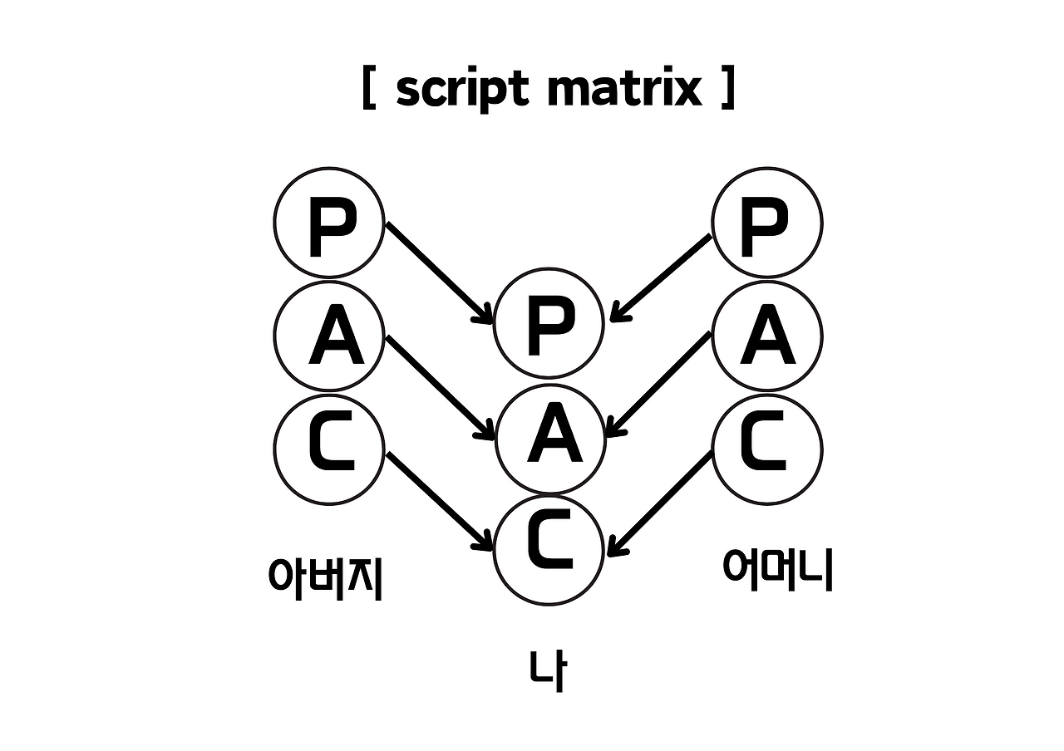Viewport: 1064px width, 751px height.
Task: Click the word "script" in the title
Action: tap(462, 90)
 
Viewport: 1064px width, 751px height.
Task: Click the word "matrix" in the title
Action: tap(626, 90)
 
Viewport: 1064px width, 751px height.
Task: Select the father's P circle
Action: tap(329, 222)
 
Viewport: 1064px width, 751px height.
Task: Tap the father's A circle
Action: tap(329, 336)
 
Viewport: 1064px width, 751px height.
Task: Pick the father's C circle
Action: tap(329, 449)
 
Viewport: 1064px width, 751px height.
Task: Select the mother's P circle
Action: tap(767, 222)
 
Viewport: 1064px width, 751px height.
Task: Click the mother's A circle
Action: tap(767, 336)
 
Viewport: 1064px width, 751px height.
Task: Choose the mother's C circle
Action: tap(767, 449)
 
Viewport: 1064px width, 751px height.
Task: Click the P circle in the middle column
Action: tap(549, 325)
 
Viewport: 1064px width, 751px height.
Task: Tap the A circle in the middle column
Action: tap(549, 438)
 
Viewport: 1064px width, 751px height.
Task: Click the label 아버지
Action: tap(325, 576)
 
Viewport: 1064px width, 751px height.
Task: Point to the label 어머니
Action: tap(777, 569)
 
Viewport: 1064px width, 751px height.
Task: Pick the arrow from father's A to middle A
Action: tap(438, 385)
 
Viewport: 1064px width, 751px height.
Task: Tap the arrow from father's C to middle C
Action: tap(438, 500)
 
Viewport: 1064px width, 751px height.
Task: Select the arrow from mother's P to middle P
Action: tap(662, 277)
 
